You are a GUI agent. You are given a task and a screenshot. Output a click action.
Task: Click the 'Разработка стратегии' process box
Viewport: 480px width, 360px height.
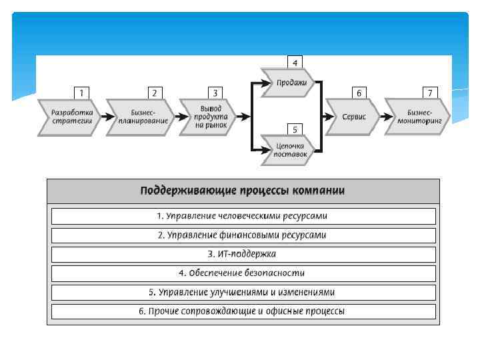70,117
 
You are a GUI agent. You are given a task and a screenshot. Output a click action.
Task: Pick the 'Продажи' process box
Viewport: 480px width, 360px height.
292,83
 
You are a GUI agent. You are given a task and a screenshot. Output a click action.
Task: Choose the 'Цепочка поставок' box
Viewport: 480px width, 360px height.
292,150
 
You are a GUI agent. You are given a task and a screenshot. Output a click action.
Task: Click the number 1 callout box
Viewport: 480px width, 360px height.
81,93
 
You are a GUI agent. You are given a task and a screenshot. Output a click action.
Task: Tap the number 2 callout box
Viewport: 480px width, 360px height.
155,93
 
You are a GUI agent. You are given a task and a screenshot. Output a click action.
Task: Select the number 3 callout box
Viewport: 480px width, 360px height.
215,93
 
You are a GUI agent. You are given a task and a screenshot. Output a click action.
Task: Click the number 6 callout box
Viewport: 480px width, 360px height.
359,93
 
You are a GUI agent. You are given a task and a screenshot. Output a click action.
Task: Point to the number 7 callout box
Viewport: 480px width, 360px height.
431,93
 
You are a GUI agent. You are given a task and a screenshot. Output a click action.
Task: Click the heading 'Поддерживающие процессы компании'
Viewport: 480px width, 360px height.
243,191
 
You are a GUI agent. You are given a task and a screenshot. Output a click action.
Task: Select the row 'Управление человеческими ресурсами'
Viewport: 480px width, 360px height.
243,216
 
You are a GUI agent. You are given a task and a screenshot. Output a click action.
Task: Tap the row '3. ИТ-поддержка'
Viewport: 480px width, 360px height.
243,254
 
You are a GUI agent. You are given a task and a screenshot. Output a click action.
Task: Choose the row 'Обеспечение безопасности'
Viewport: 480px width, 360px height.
243,273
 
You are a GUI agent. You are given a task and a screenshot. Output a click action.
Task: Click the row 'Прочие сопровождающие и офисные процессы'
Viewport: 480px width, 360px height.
243,311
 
